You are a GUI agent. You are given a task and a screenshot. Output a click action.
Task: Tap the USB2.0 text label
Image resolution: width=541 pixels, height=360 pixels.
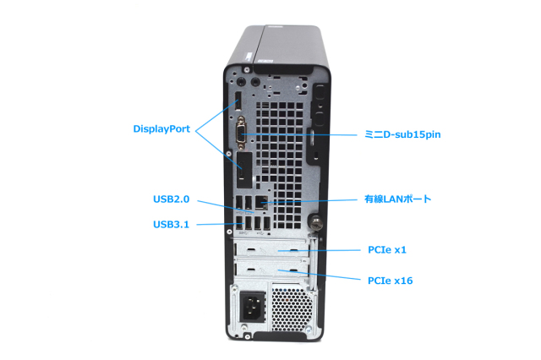click(x=172, y=200)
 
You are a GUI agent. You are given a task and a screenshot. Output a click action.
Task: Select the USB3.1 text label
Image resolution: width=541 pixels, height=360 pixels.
click(x=172, y=224)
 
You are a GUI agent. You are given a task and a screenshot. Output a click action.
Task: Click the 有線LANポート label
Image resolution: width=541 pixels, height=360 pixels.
click(x=398, y=199)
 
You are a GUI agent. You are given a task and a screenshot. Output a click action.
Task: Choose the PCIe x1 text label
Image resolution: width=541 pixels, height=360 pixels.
click(x=391, y=250)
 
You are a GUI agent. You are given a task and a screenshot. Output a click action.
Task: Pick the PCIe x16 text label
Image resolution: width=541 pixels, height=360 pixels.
click(x=394, y=280)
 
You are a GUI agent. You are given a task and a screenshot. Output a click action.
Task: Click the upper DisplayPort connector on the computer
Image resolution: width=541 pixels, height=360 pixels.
click(x=238, y=106)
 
